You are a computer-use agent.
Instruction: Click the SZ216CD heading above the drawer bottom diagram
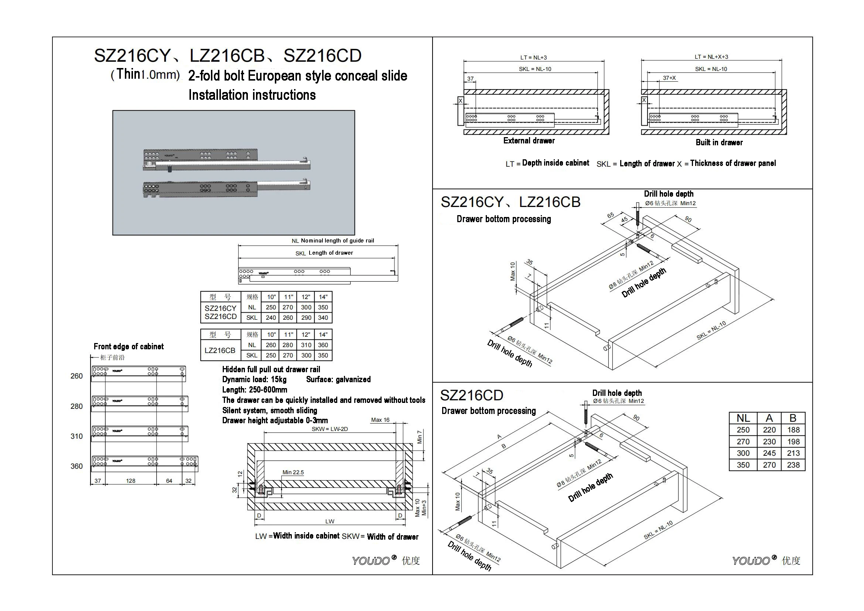(x=471, y=395)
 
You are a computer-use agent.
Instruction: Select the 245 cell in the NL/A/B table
(x=769, y=453)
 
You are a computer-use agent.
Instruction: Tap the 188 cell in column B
(x=793, y=430)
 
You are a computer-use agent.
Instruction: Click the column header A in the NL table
(x=769, y=418)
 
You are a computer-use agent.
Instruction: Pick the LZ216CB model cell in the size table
(x=220, y=350)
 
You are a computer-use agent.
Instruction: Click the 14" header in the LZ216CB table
(x=323, y=335)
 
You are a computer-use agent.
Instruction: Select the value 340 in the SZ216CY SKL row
(x=323, y=318)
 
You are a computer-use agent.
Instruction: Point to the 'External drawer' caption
(x=529, y=141)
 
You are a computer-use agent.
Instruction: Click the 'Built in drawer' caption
(x=719, y=143)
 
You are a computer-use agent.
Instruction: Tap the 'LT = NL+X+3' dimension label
(x=711, y=57)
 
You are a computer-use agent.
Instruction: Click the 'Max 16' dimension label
(x=380, y=420)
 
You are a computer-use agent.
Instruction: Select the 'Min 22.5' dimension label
(x=293, y=472)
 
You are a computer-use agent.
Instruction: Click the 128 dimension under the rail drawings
(x=130, y=481)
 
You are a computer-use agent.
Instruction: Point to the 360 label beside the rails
(x=76, y=466)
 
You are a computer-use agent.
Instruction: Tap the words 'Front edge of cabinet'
(x=129, y=347)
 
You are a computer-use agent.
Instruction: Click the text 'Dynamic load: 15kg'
(x=255, y=380)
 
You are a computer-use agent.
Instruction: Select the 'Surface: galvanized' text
(x=338, y=380)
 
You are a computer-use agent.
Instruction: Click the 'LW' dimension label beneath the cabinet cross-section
(x=329, y=522)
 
